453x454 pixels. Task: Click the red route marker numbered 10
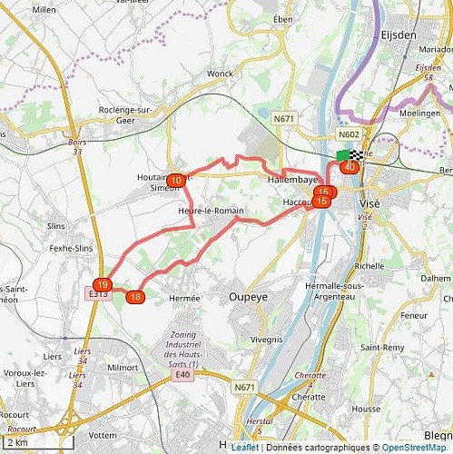176,181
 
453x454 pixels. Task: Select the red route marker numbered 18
135,297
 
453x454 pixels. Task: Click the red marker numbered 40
350,167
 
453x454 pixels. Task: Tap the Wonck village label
221,74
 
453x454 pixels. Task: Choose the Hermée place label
184,297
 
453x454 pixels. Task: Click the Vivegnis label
266,339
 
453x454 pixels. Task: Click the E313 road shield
98,294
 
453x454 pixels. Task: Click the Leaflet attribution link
244,448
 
